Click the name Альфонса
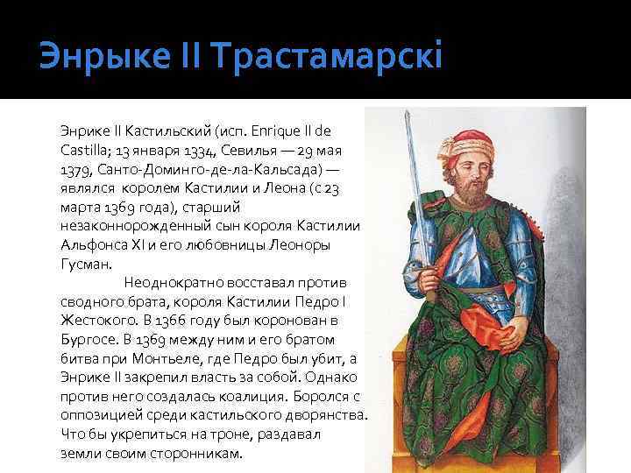(93, 244)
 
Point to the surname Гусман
(85, 263)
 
